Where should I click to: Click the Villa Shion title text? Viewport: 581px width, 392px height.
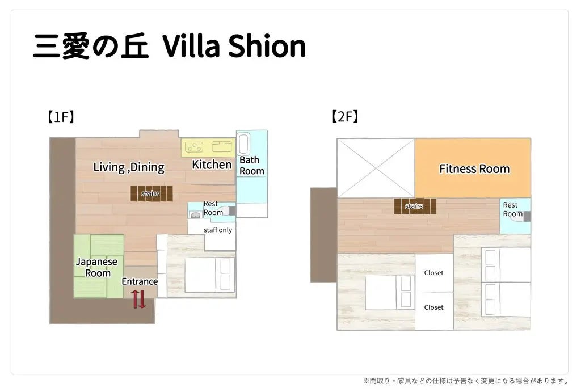click(x=234, y=46)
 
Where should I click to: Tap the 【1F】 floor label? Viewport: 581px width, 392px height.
click(x=61, y=117)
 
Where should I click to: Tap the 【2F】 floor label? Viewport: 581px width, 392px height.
click(x=345, y=116)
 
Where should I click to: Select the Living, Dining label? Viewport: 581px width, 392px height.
click(x=129, y=167)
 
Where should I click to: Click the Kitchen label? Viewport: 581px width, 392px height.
click(x=212, y=165)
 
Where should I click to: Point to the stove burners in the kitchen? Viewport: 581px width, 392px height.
click(x=194, y=147)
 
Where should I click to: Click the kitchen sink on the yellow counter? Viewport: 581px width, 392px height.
click(x=222, y=147)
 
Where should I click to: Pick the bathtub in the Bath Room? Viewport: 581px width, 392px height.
click(x=243, y=144)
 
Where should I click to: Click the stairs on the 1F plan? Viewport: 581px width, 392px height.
click(x=151, y=193)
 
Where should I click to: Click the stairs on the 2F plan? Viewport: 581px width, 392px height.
click(x=415, y=206)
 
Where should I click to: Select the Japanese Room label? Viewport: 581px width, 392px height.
click(x=97, y=267)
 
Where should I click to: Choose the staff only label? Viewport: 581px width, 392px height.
click(x=218, y=230)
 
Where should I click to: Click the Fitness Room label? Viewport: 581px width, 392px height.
click(x=474, y=169)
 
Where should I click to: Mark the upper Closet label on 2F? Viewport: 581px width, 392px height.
click(x=433, y=273)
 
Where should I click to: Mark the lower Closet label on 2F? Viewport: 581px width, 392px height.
click(x=433, y=307)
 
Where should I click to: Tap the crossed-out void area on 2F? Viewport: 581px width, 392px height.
click(x=376, y=168)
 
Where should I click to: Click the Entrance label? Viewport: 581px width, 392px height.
click(x=140, y=281)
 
